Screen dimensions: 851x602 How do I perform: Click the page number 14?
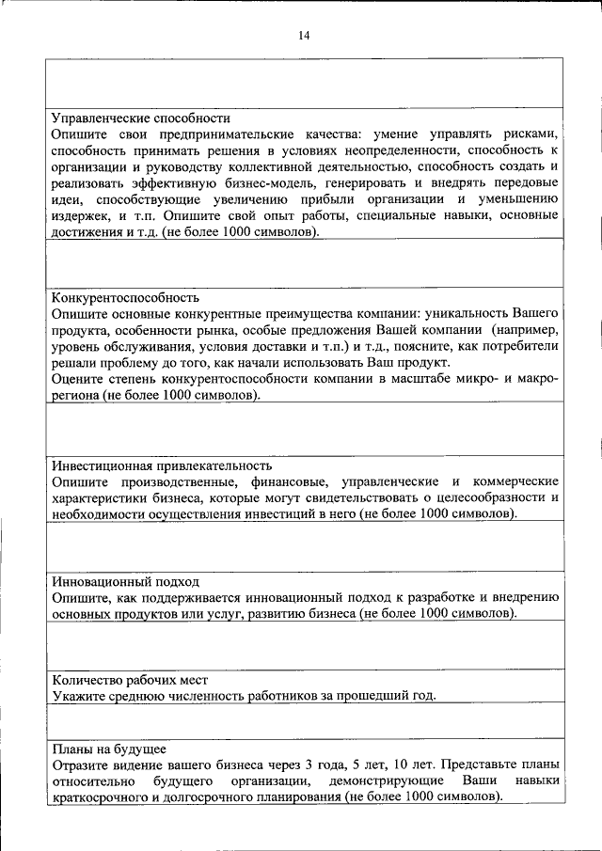tap(303, 36)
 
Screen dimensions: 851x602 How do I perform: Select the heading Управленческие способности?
tap(141, 118)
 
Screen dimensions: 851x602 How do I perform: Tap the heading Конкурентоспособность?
tap(125, 295)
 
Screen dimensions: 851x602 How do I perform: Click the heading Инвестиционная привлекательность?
tap(162, 465)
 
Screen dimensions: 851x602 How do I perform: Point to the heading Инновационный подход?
tap(125, 581)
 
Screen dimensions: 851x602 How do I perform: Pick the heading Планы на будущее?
tap(109, 749)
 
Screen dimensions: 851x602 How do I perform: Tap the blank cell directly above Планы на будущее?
tap(305, 722)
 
